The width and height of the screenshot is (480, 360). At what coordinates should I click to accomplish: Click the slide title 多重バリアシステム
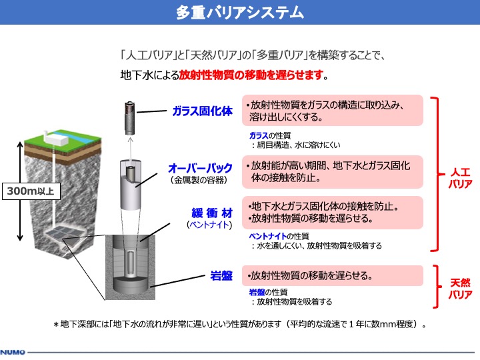pos(240,13)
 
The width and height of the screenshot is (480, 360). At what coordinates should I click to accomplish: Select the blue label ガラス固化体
pos(203,111)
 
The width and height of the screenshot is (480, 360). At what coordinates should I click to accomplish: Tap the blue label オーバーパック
pos(200,168)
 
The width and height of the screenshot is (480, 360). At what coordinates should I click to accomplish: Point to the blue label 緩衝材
pos(212,213)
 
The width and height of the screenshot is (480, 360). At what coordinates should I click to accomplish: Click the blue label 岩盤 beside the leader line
pos(221,276)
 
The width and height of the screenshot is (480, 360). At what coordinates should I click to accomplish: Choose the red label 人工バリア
pos(460,178)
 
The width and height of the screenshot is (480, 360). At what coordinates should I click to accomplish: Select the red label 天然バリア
pos(460,289)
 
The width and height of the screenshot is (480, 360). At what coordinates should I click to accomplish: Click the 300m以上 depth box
pos(31,191)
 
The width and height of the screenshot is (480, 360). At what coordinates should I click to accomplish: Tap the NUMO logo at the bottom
pos(13,353)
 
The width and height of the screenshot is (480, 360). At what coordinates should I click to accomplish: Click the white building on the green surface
pos(56,139)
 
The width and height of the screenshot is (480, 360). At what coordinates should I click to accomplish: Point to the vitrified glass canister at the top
pos(130,118)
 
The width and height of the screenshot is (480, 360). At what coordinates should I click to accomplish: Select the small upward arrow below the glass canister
pos(131,149)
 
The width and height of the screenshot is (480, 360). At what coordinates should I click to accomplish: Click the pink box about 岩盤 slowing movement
pos(333,276)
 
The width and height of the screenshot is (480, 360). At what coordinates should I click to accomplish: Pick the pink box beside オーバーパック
pos(333,172)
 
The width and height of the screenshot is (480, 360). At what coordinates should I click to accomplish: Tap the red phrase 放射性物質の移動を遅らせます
pos(251,75)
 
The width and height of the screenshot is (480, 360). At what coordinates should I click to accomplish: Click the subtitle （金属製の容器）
pos(199,180)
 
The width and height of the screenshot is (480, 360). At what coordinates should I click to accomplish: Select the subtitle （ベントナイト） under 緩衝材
pos(209,225)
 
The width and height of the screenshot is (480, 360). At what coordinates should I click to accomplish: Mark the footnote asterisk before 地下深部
pos(56,325)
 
